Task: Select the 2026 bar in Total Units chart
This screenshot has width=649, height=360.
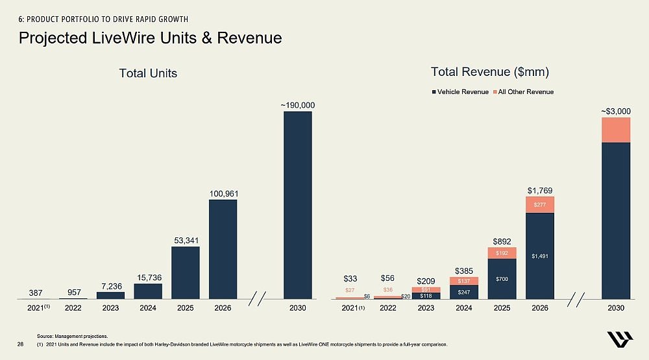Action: [223, 249]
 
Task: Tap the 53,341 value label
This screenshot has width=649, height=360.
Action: [185, 241]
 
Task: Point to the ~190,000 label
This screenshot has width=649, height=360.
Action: [297, 104]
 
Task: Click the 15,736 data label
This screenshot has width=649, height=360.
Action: [147, 278]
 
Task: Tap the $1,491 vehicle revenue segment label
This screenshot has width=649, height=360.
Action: [540, 256]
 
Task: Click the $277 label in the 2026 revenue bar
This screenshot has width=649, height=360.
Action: [540, 205]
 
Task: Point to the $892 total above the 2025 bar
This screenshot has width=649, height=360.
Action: [502, 240]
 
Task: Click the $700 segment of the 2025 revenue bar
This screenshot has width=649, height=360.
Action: [502, 279]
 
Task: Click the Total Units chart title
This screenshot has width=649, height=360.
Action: [148, 73]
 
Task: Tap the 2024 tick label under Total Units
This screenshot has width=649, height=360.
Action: [147, 308]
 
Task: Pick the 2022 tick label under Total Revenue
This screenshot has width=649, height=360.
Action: [387, 308]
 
